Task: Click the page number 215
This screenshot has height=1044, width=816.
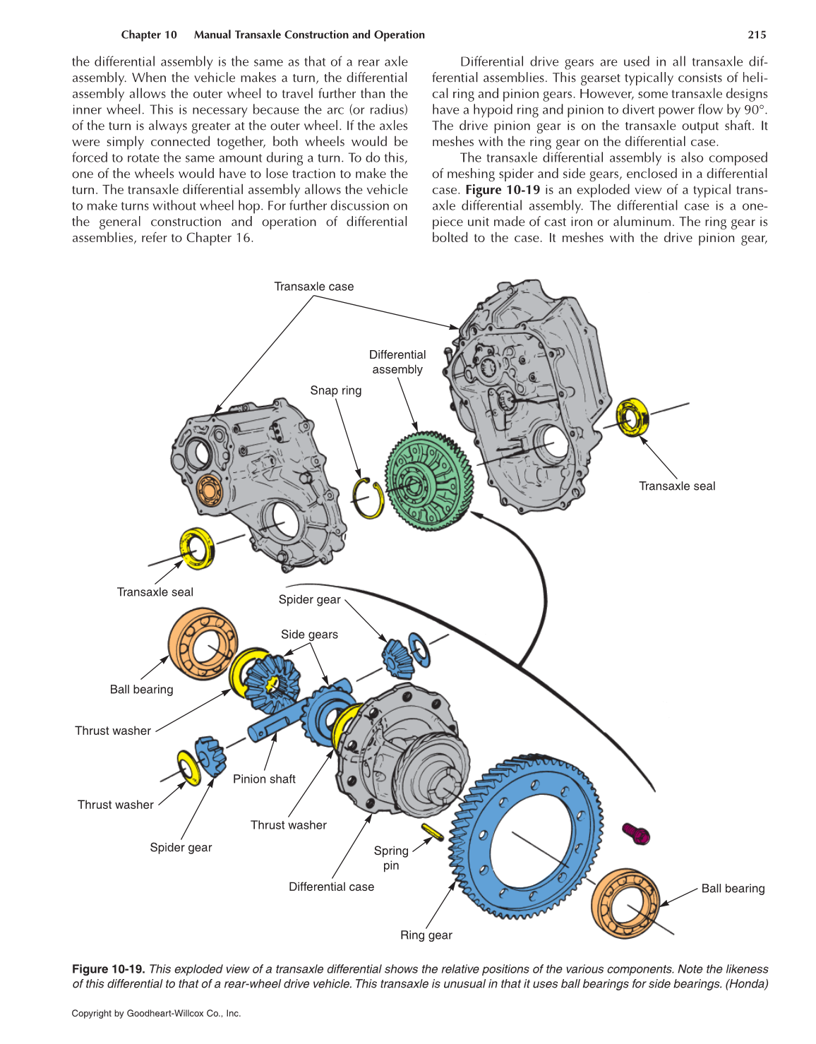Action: [x=757, y=35]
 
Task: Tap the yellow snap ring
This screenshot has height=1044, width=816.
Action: [x=368, y=498]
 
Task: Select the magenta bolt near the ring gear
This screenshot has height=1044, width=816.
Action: [x=636, y=834]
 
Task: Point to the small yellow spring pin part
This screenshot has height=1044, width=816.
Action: [x=432, y=832]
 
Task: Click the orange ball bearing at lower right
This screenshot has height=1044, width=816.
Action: [x=625, y=904]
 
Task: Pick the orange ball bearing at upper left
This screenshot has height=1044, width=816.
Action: [x=203, y=644]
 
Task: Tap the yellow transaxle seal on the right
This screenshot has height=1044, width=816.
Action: [x=632, y=417]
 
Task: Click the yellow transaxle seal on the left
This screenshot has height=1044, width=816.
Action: [x=197, y=548]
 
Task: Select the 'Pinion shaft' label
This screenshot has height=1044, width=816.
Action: [x=264, y=779]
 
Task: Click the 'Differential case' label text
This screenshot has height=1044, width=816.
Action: [x=331, y=887]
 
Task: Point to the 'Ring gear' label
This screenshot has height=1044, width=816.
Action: [x=426, y=935]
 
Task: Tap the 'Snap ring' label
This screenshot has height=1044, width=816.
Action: [x=335, y=390]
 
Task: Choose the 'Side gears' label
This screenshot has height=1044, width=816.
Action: [x=309, y=634]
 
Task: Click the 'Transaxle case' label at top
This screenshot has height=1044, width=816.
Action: [x=313, y=286]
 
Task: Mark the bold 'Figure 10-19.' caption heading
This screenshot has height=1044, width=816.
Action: [x=108, y=969]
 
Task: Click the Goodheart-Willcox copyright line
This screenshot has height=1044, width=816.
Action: [x=156, y=1014]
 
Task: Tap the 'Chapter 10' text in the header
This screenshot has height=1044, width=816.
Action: [x=148, y=35]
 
